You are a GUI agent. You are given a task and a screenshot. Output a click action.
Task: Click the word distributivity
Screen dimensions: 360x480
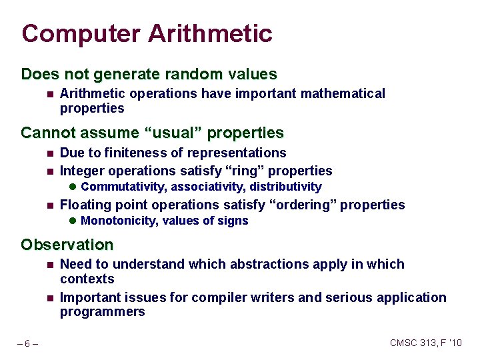point(285,187)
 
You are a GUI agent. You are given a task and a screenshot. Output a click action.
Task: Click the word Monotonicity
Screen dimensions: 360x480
point(117,221)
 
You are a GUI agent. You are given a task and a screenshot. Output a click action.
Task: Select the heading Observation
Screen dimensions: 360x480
point(67,245)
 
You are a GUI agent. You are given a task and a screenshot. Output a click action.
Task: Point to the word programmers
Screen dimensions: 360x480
point(102,312)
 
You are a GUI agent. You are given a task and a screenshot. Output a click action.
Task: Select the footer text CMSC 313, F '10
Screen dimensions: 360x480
point(425,343)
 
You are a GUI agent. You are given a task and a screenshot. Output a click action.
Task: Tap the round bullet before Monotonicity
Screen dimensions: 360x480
point(73,221)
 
